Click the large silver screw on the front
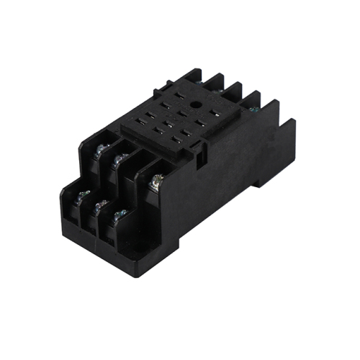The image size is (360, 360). click(x=153, y=186)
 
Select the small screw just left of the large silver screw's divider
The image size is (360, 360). click(x=119, y=158)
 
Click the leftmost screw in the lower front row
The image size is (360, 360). click(x=83, y=194)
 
